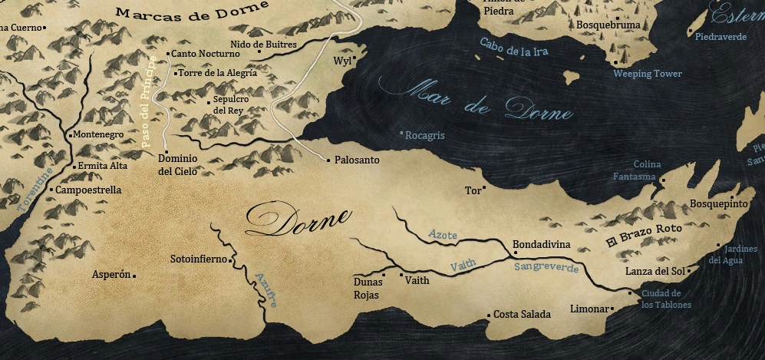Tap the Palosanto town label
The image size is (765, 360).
click(358, 160)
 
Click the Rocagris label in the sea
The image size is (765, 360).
click(425, 135)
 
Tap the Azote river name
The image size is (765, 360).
click(443, 233)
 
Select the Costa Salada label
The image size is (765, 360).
click(522, 315)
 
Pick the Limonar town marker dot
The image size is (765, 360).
click(612, 309)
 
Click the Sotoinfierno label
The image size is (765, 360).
click(198, 259)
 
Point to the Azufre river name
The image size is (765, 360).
click(266, 290)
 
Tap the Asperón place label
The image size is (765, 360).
click(111, 274)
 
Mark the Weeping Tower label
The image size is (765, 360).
click(648, 74)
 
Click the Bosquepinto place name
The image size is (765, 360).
click(718, 204)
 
